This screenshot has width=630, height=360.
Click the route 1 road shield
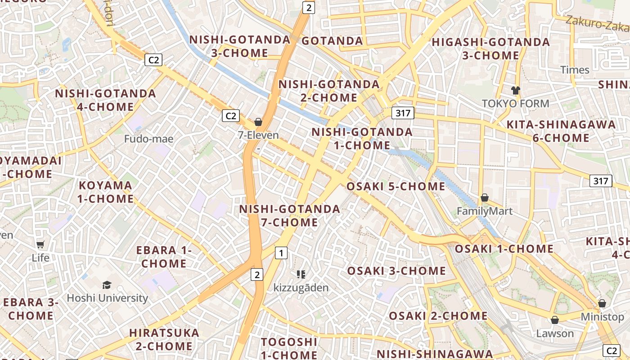(x=281, y=253)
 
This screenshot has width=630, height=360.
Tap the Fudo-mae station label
(x=148, y=139)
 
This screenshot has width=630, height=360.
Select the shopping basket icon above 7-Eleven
(x=258, y=122)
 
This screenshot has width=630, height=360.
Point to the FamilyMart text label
(x=485, y=211)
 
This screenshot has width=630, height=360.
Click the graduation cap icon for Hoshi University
(x=107, y=285)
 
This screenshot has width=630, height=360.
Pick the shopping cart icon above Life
(x=40, y=244)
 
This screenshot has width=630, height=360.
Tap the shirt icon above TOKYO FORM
(x=516, y=90)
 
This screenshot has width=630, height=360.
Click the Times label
(x=575, y=70)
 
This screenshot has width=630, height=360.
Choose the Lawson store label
(x=555, y=333)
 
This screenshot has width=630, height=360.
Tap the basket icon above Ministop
(x=602, y=303)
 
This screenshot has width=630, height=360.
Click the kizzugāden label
(x=301, y=288)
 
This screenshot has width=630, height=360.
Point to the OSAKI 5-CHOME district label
(x=396, y=186)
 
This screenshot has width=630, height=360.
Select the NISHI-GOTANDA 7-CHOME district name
(x=289, y=216)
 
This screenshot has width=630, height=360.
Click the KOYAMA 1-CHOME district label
(x=106, y=192)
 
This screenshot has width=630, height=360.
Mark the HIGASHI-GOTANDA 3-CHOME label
(x=491, y=49)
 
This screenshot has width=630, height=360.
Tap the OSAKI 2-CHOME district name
(x=438, y=316)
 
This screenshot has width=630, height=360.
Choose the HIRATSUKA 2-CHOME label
(x=164, y=339)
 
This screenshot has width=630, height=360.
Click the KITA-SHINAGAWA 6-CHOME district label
(x=561, y=131)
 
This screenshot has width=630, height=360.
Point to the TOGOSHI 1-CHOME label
(x=289, y=348)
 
